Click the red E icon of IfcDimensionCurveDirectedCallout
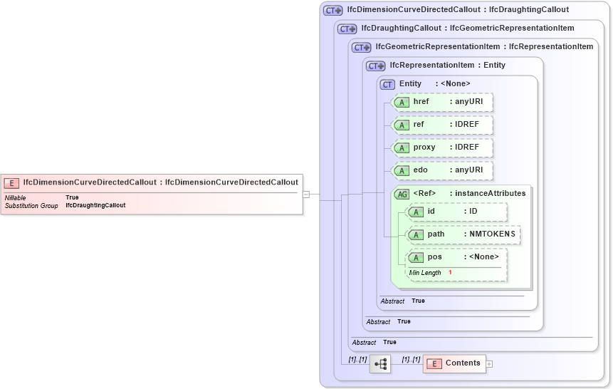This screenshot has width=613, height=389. click(x=12, y=182)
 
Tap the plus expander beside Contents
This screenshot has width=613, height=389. click(x=489, y=364)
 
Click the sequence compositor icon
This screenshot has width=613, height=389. click(x=380, y=364)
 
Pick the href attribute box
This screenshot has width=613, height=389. click(x=443, y=103)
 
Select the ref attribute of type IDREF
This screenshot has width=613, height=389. click(x=443, y=125)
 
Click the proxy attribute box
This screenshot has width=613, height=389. click(x=443, y=147)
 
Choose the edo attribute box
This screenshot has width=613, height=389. click(x=443, y=170)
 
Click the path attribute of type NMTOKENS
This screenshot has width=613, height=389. click(x=463, y=234)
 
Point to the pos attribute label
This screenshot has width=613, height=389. click(x=434, y=257)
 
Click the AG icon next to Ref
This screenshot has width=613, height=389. click(x=402, y=194)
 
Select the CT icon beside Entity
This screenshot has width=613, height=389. click(x=387, y=84)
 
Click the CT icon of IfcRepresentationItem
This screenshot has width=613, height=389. click(x=375, y=66)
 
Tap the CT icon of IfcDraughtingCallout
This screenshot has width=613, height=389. click(x=347, y=28)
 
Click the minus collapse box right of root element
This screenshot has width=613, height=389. click(x=305, y=194)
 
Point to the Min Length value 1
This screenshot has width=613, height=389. click(x=450, y=273)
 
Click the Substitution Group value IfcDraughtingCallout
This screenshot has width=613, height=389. click(x=95, y=205)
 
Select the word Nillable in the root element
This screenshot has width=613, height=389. click(x=16, y=197)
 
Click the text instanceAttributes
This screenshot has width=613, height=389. click(x=491, y=193)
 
